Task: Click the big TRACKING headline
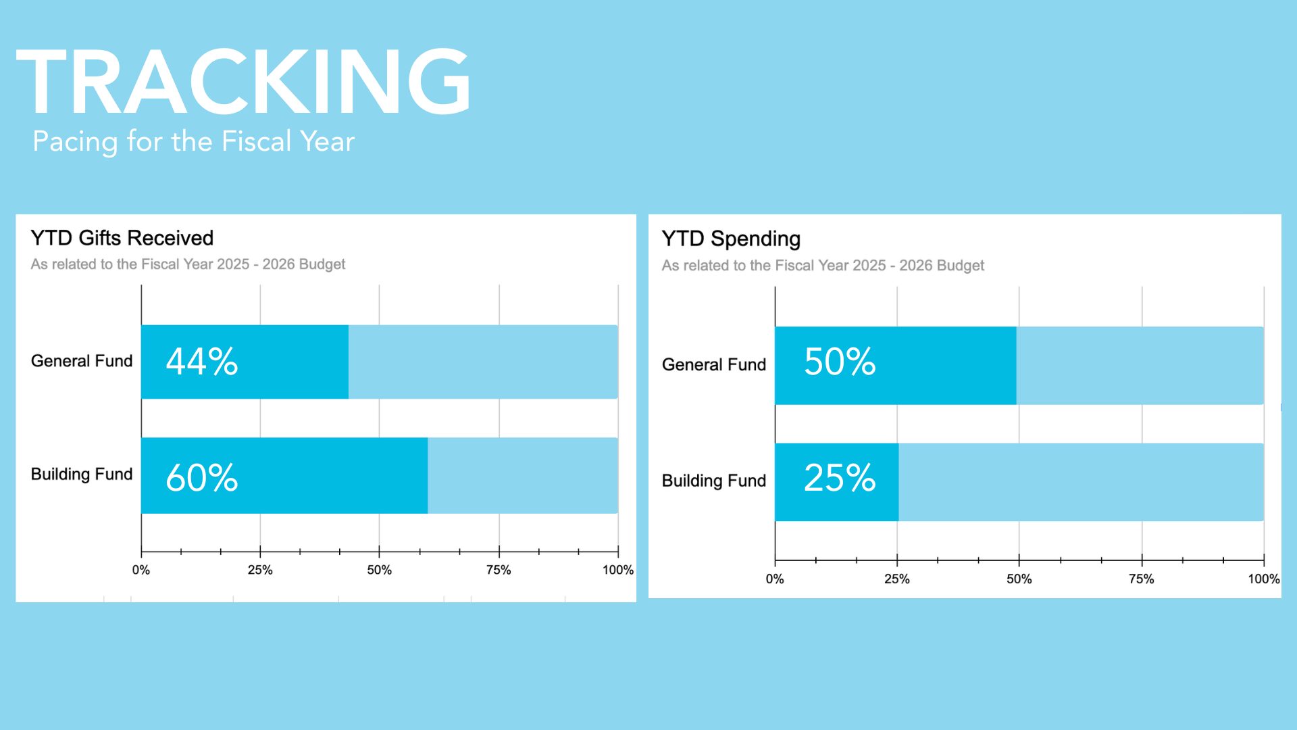[243, 82]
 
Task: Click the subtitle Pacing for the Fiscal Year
[193, 142]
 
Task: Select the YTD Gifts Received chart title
[122, 238]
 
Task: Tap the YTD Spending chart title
[731, 239]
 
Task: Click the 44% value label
[202, 362]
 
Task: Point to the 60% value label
[202, 478]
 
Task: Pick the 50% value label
[840, 362]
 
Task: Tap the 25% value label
[840, 478]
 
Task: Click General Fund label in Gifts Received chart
[82, 361]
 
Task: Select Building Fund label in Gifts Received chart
[82, 474]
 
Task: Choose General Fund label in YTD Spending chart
[714, 365]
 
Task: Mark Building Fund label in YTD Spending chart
[714, 481]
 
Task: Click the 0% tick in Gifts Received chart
[141, 570]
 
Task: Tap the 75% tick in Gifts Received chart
[499, 570]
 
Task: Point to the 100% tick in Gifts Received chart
[617, 570]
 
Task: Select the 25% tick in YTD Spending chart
[897, 579]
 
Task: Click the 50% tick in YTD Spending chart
[1019, 579]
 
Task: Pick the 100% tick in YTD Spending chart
[1263, 579]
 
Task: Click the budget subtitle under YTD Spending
[823, 266]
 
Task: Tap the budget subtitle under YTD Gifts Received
[188, 264]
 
